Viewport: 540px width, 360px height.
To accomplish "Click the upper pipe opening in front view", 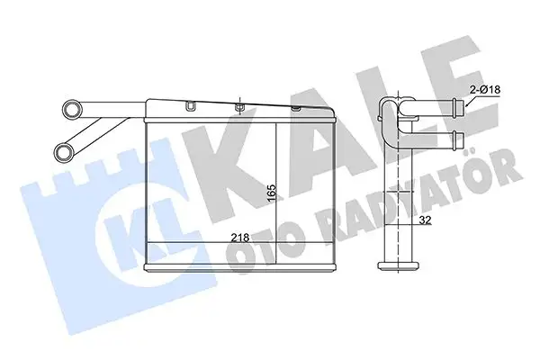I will click(x=70, y=111).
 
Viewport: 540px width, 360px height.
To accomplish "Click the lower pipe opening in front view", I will click(x=64, y=149).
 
